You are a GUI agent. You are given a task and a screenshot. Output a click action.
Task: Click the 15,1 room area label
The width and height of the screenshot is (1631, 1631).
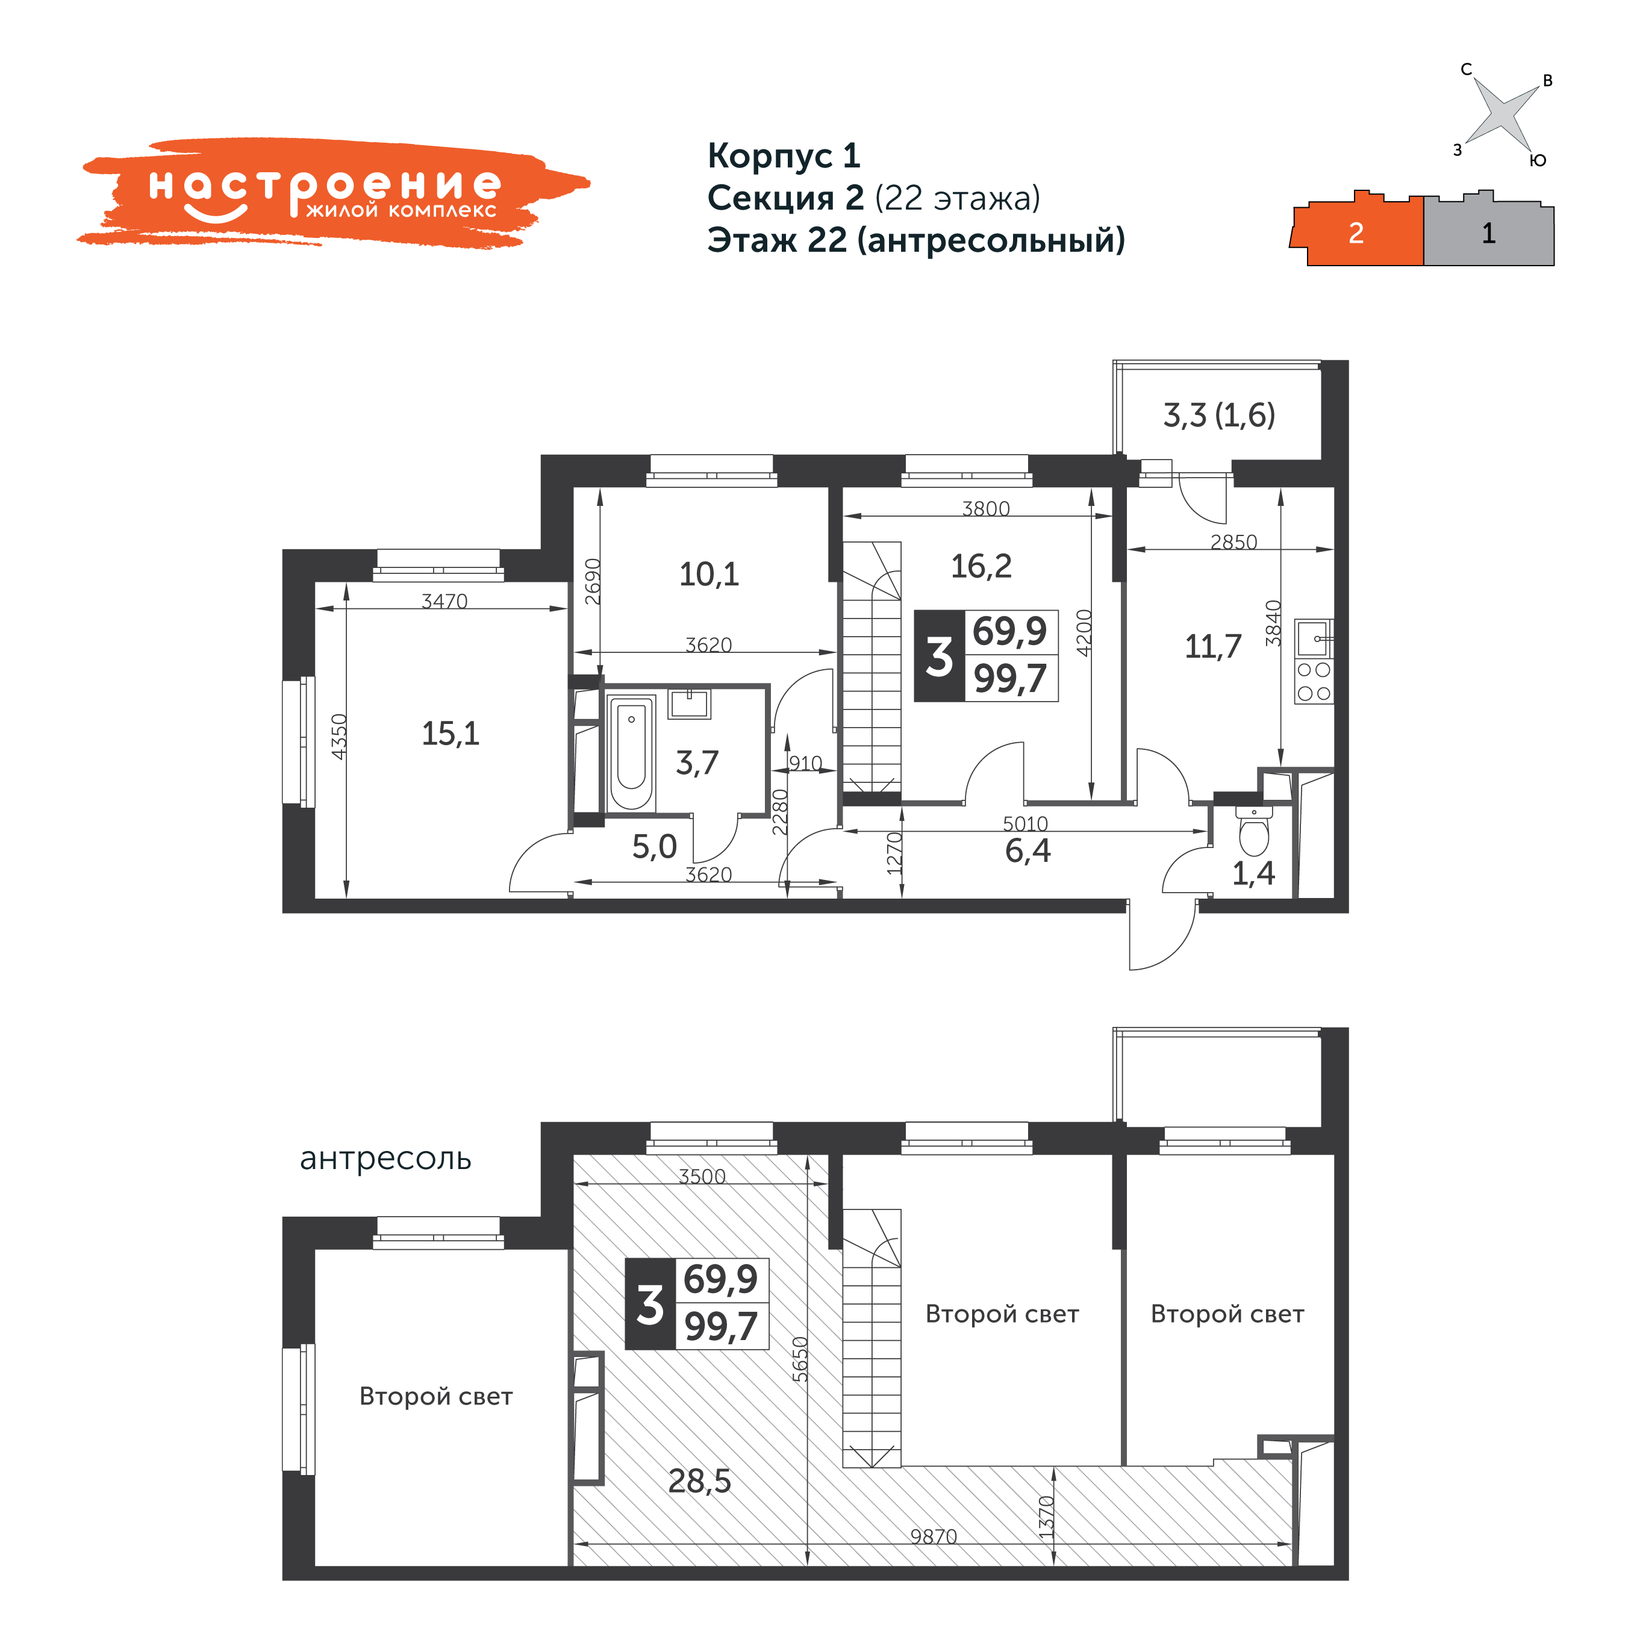[x=450, y=734]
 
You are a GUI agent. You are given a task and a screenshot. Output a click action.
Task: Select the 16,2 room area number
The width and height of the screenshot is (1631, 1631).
[x=981, y=566]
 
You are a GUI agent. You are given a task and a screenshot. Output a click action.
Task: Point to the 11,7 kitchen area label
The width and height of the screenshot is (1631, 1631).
[x=1213, y=647]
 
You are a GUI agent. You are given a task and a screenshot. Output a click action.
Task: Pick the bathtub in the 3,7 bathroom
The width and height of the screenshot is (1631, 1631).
[x=631, y=753]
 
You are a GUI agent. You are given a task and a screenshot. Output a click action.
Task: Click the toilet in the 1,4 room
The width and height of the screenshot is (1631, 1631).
[x=1255, y=832]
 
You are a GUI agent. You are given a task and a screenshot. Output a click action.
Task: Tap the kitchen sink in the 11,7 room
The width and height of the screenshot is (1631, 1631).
[x=1314, y=638]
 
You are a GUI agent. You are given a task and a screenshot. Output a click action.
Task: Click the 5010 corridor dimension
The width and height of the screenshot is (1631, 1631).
[x=1025, y=823]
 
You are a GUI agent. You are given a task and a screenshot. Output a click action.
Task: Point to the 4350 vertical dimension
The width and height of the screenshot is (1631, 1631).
[x=338, y=737]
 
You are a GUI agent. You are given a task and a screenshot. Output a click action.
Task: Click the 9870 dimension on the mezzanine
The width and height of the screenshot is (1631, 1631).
[x=934, y=1536]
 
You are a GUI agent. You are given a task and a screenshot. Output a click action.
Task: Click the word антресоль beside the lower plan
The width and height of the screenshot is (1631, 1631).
[x=386, y=1158]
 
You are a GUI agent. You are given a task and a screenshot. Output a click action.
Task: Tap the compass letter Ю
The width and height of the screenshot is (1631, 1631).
[x=1538, y=160]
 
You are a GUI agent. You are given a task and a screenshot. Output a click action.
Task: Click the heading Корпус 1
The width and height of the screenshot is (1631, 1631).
[x=784, y=155]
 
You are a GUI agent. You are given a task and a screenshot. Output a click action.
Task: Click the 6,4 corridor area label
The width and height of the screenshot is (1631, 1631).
[x=1028, y=850]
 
